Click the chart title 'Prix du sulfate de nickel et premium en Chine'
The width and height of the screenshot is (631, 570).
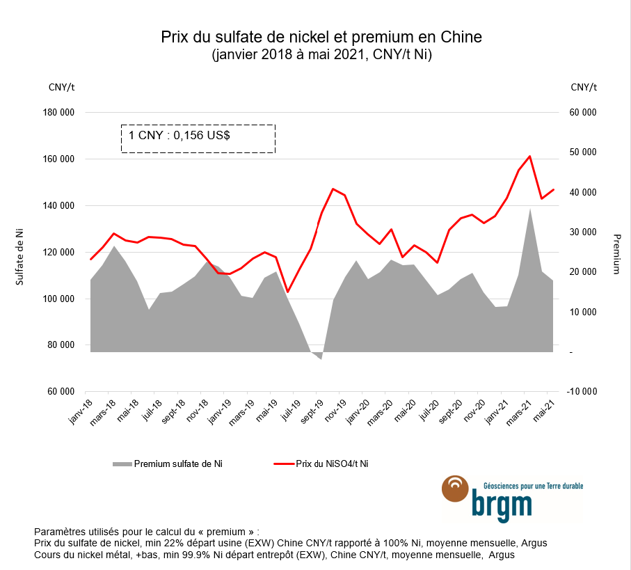[321, 36]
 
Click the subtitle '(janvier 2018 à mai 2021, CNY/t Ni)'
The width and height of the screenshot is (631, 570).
[321, 55]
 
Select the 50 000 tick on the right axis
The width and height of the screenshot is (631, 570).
[582, 152]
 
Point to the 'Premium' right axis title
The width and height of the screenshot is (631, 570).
[616, 253]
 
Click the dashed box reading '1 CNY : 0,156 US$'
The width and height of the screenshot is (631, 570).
[198, 138]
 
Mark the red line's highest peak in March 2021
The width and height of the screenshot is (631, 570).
[530, 156]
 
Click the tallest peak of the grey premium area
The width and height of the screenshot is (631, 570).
[530, 209]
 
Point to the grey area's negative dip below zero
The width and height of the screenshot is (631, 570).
[321, 357]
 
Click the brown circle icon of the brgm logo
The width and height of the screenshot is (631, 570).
[456, 489]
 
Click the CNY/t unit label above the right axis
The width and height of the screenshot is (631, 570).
[583, 87]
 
